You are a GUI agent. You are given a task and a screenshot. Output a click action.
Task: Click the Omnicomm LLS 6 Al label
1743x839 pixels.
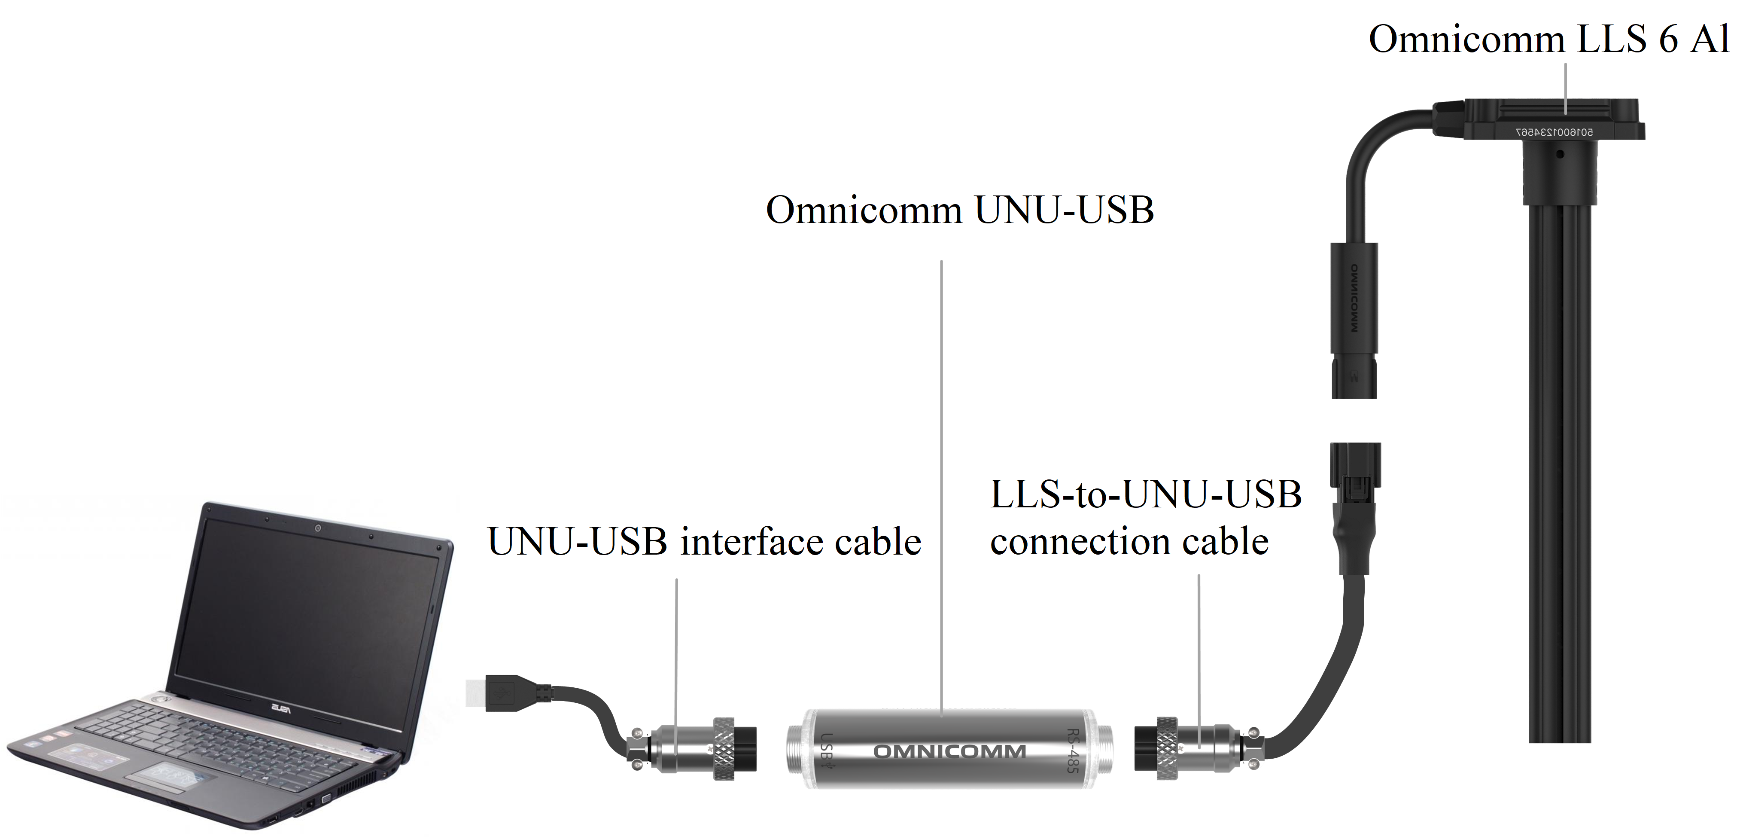click(x=1548, y=39)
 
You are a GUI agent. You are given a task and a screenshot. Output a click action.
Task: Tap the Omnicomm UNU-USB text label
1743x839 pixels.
click(x=959, y=210)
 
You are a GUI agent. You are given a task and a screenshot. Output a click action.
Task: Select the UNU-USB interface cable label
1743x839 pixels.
click(x=704, y=542)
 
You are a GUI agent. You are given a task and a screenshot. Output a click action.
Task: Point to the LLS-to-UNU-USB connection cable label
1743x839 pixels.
click(x=1145, y=518)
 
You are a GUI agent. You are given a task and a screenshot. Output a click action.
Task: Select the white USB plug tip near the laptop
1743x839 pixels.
click(x=476, y=692)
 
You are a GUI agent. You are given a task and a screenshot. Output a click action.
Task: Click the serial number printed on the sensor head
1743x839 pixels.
click(x=1554, y=133)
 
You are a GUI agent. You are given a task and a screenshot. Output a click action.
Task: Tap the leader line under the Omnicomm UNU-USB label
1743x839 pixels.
click(x=941, y=474)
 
